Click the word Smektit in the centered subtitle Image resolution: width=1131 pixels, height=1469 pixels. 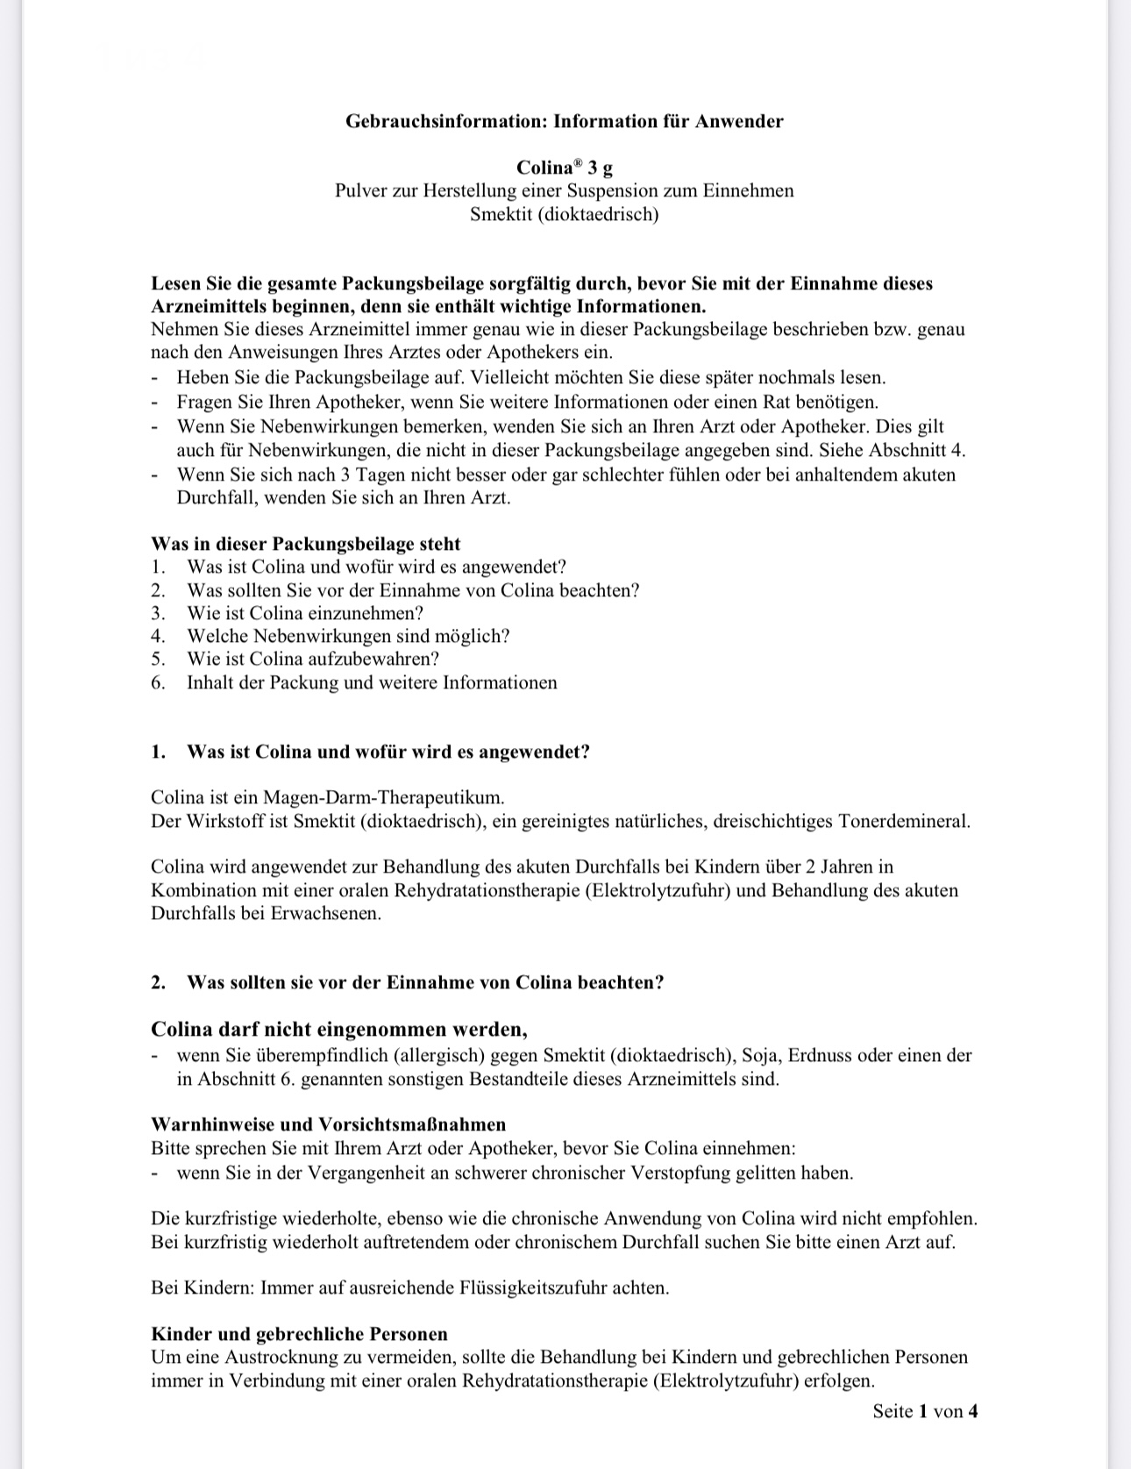coord(501,214)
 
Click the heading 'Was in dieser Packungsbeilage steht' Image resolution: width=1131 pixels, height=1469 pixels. coord(305,544)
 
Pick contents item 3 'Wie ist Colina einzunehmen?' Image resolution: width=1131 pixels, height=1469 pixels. coord(304,613)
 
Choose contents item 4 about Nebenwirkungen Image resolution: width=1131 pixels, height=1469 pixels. coord(347,636)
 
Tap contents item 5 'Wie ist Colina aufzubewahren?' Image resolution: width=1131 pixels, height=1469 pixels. coord(312,659)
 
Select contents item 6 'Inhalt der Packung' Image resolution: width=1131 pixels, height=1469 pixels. coord(371,682)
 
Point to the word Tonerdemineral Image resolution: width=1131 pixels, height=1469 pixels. coord(904,822)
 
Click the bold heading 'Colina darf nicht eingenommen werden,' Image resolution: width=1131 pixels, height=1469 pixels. coord(338,1029)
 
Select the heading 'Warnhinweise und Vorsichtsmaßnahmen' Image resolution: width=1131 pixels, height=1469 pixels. coord(328,1124)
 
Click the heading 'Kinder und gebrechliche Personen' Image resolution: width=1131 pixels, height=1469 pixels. coord(299,1334)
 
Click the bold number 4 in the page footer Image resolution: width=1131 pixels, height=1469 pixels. coord(972,1411)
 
